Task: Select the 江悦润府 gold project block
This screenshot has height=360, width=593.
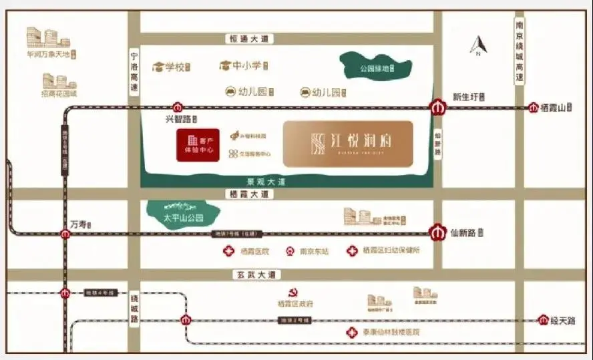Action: click(348, 144)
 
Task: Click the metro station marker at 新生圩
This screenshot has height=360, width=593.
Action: click(437, 107)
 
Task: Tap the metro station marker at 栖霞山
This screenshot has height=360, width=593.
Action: click(534, 108)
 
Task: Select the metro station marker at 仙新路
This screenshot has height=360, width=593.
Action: click(437, 233)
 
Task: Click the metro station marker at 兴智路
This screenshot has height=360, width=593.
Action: click(177, 107)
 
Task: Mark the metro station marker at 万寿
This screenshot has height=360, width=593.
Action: click(65, 234)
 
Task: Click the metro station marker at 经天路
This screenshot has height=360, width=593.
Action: click(543, 320)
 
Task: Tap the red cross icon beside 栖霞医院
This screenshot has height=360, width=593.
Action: click(229, 251)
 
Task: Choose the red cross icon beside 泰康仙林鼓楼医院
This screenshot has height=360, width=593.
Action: click(350, 332)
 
